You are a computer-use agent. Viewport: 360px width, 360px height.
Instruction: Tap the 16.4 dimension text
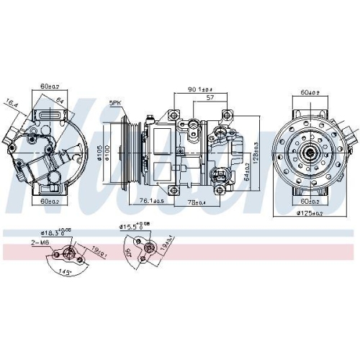(12, 104)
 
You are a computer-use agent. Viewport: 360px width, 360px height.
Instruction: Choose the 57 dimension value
(210, 96)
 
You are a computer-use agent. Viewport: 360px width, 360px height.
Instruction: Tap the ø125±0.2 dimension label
(311, 213)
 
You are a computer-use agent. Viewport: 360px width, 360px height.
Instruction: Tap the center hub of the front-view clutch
(311, 152)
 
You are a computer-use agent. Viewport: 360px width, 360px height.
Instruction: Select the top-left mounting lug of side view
(173, 114)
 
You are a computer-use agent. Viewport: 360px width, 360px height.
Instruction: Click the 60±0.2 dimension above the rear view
(311, 93)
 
